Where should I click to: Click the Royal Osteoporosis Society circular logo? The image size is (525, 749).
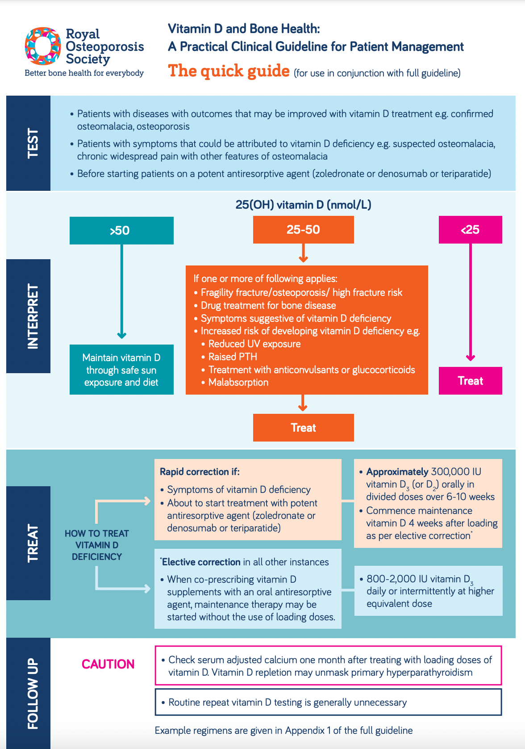pos(43,46)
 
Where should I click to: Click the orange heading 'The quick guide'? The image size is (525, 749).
pos(229,71)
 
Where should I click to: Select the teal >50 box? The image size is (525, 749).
pos(121,231)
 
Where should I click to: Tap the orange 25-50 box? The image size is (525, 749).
pos(303,230)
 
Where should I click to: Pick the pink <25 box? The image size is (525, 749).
pos(470,230)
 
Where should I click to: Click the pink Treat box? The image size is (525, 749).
pos(470,381)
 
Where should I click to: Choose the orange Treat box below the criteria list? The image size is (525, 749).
pos(303,428)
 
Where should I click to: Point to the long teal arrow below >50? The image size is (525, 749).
pos(121,290)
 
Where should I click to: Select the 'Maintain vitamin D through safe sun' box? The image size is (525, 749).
pos(121,370)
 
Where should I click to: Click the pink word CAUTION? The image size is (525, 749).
pos(108,664)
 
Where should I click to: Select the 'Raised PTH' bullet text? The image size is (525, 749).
pos(233,357)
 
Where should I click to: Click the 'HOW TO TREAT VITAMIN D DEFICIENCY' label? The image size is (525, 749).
pos(97,545)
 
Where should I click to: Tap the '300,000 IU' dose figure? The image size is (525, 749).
pos(456,471)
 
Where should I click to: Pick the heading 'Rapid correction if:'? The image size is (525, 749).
pos(200,471)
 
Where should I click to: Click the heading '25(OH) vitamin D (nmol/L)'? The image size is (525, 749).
pos(303,205)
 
